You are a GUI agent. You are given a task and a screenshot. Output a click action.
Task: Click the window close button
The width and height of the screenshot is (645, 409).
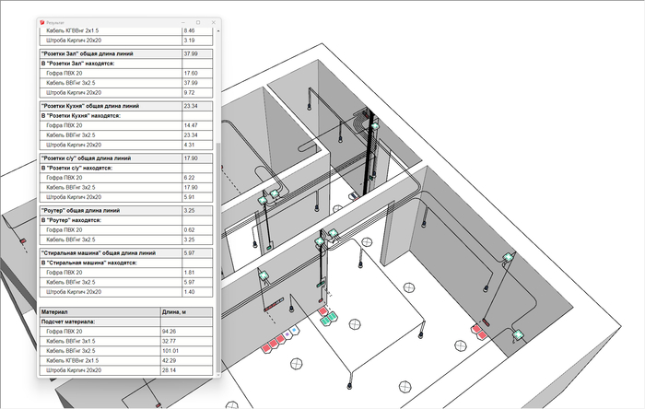213,20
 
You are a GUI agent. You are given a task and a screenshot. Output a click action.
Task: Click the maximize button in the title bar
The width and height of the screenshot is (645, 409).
197,20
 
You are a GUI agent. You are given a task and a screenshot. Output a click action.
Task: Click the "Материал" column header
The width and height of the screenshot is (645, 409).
55,312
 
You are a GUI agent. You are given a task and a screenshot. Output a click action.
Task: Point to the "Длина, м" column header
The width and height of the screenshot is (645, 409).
175,312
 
